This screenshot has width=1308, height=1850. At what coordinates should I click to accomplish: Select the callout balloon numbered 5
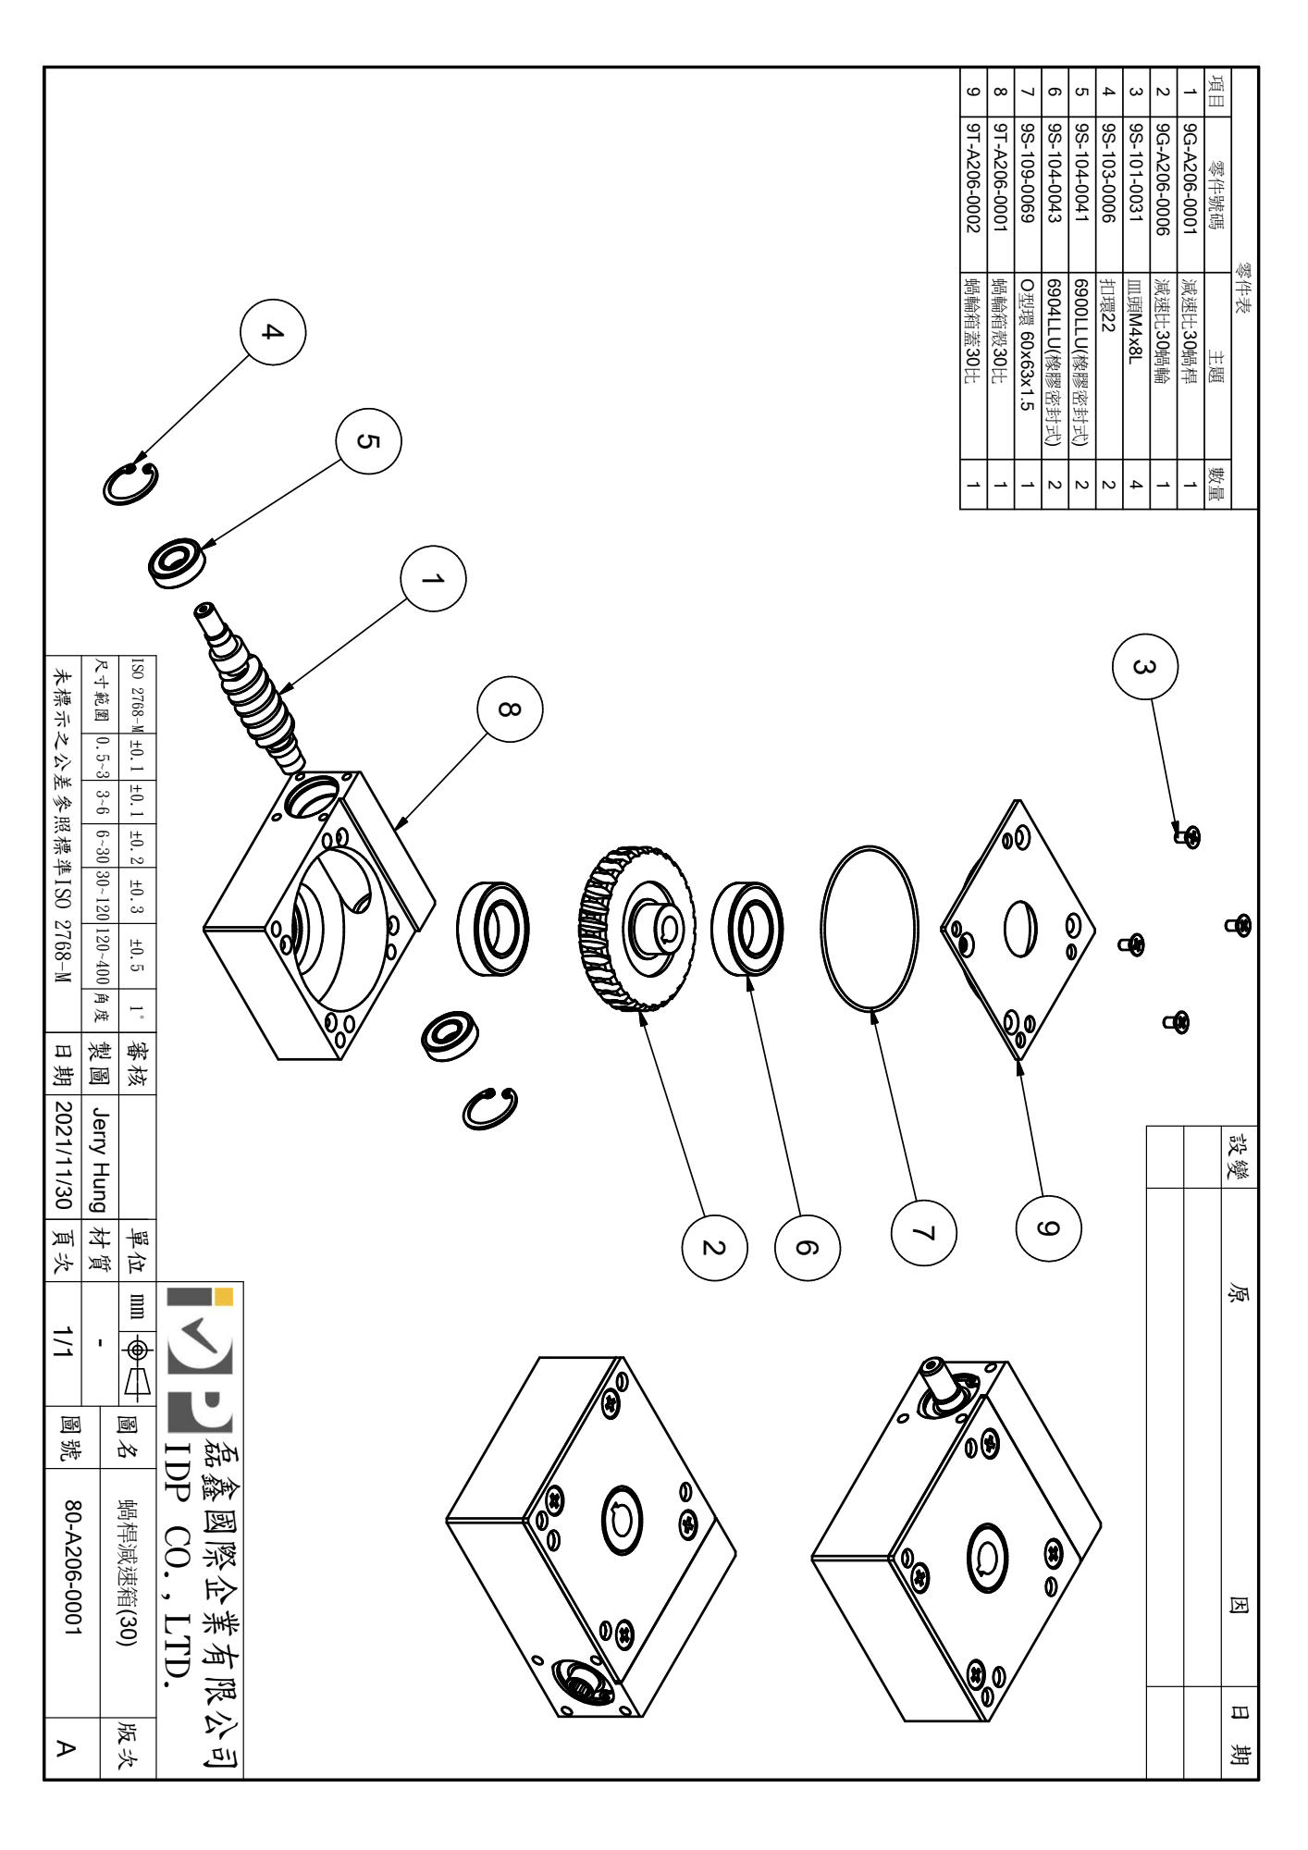coord(370,441)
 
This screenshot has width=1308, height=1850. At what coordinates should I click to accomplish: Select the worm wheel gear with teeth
coord(639,929)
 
